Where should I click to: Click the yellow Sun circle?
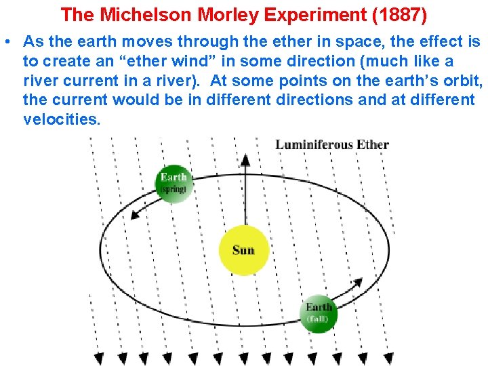pos(243,250)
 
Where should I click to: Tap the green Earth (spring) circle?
pos(174,183)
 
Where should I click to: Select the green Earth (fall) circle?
pos(318,313)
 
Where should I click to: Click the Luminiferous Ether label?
pos(332,144)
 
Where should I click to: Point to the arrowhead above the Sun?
pos(245,159)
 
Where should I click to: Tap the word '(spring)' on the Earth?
pos(173,190)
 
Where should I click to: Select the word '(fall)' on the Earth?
pos(318,319)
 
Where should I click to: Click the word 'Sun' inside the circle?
pos(243,250)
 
